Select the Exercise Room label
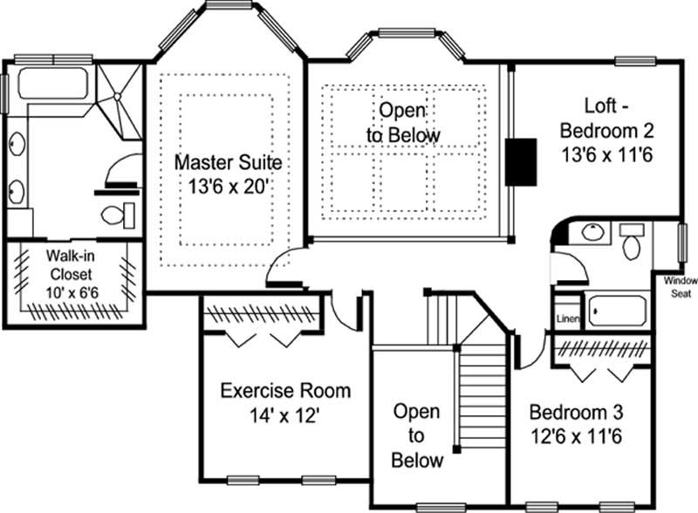285,390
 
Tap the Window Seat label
677,287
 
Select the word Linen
566,318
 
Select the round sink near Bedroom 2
592,234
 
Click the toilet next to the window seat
632,243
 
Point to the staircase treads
482,384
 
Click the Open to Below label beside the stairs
416,434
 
